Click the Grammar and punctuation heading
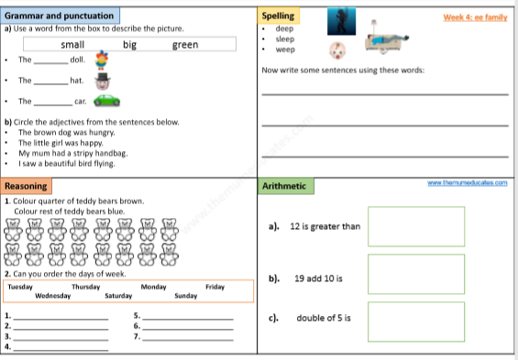[x=61, y=16]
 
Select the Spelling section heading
[x=278, y=16]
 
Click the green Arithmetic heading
[x=285, y=186]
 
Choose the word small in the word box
[x=72, y=45]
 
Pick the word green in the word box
[x=184, y=45]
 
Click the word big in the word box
[x=129, y=45]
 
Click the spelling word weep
[x=285, y=49]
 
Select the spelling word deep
[x=284, y=28]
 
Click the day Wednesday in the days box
[x=53, y=296]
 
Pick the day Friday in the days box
[x=215, y=287]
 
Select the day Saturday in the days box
[x=119, y=296]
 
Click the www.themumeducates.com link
[x=468, y=183]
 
